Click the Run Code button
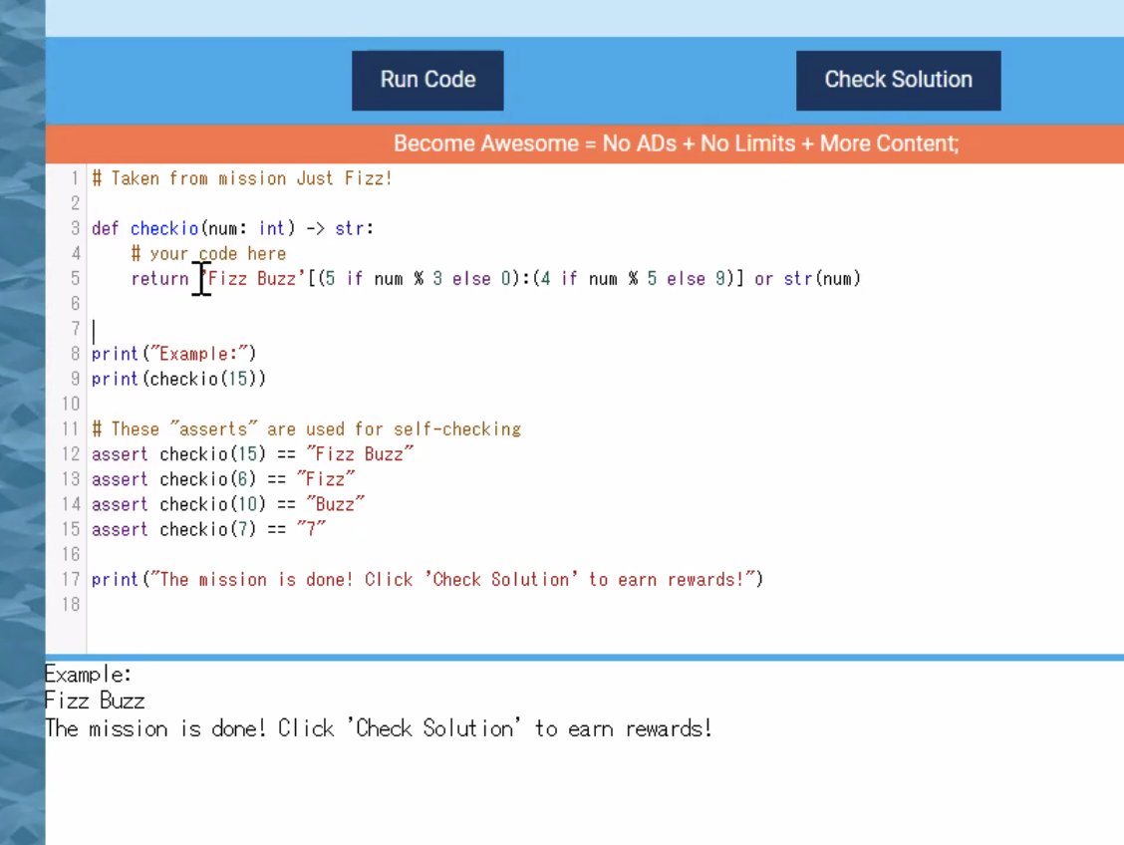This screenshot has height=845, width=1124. point(427,80)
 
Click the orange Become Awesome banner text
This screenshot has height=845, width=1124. point(676,143)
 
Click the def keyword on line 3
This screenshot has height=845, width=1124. point(106,228)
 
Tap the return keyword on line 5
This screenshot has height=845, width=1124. point(159,279)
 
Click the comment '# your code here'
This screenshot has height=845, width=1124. point(208,254)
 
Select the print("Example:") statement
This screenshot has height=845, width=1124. point(174,354)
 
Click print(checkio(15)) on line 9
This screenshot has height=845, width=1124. point(178,379)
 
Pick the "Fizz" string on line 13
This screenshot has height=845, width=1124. point(326,479)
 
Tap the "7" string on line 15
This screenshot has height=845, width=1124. point(311,529)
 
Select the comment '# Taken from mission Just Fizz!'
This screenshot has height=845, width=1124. point(242,178)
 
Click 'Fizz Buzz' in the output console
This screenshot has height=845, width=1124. point(95,701)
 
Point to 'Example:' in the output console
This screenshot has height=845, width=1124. point(89,674)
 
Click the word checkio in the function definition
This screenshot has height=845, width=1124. point(164,228)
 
